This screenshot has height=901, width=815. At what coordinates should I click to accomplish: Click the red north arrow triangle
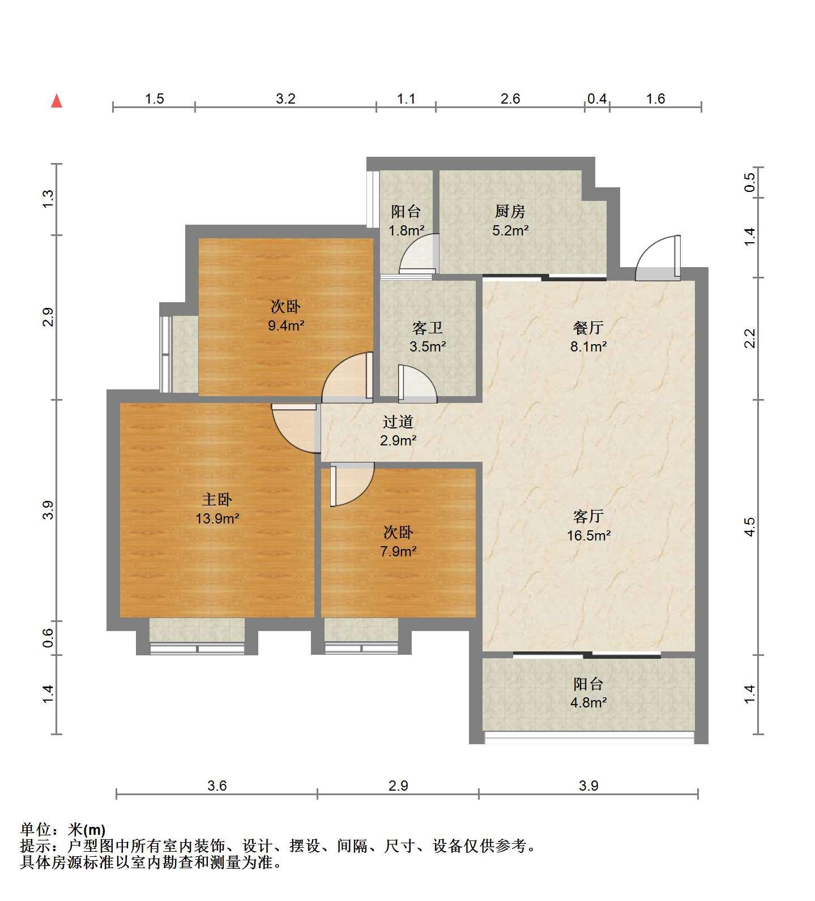57,101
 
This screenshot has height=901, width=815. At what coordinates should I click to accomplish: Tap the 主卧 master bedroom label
217,499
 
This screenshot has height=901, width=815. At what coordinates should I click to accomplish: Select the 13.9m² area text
217,518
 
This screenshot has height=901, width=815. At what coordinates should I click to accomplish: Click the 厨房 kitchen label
510,212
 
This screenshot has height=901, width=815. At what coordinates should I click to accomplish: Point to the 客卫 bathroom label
428,328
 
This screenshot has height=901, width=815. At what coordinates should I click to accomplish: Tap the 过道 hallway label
398,422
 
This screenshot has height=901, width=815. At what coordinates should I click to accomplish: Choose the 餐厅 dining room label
588,328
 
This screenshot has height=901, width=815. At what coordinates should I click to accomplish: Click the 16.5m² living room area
588,535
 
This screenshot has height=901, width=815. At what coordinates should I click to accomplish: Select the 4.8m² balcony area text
588,703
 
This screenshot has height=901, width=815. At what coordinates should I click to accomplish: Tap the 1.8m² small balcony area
407,230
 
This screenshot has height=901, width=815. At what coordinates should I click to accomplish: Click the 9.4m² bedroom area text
286,325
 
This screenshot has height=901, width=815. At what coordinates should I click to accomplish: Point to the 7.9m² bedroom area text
398,551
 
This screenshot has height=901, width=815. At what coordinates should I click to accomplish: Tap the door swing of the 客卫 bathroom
417,384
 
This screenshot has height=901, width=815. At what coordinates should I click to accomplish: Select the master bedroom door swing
293,428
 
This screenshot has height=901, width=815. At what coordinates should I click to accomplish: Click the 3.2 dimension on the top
286,99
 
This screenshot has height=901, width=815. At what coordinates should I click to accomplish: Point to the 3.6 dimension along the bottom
217,786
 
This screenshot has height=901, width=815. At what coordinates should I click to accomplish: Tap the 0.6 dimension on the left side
49,638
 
